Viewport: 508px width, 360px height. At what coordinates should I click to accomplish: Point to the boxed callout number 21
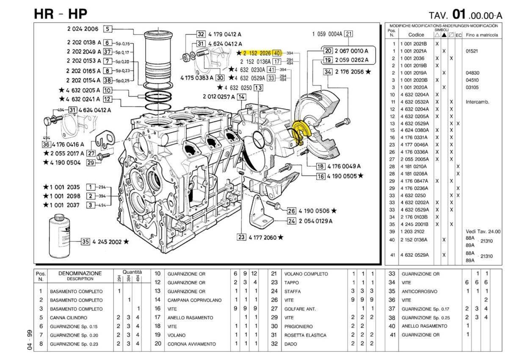[x=348, y=34]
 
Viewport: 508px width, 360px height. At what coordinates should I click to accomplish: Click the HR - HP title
[x=61, y=14]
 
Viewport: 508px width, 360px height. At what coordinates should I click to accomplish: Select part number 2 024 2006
[x=82, y=29]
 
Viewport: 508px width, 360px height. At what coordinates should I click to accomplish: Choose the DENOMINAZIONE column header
[x=80, y=274]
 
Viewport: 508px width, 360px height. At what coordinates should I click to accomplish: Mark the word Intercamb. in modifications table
[x=478, y=102]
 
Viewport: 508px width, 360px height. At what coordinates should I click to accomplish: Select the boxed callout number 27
[x=91, y=153]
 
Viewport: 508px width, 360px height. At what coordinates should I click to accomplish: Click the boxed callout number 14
[x=241, y=97]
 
